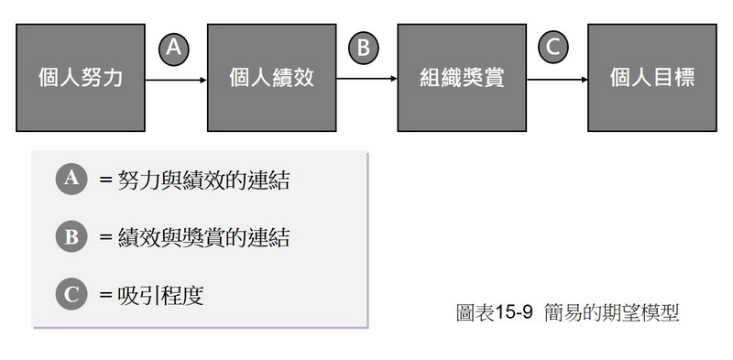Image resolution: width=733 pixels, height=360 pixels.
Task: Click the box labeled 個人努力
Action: pos(81,78)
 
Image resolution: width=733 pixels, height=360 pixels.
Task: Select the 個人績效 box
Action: pos(271,78)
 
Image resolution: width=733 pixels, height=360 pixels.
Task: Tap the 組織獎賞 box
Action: pos(462,78)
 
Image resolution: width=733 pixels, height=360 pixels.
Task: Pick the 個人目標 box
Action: pos(652,78)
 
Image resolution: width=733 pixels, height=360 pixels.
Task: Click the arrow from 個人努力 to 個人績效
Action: pos(176,80)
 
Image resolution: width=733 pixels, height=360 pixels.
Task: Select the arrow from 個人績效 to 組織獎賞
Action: pos(366,80)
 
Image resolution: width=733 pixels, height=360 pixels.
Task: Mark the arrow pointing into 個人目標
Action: pos(556,80)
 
